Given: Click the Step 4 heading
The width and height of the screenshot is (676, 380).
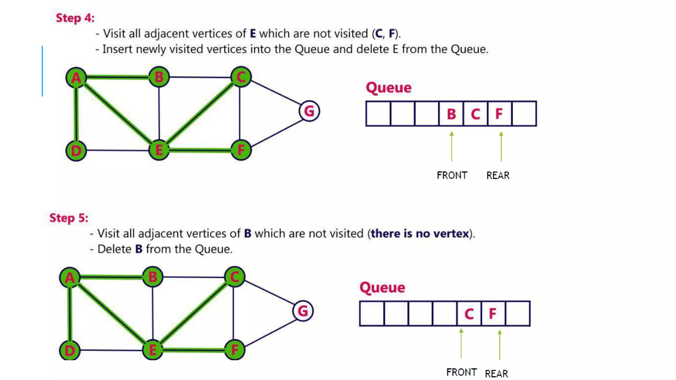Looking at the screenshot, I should pos(75,18).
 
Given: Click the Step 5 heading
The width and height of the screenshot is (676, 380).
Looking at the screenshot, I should pos(69,218).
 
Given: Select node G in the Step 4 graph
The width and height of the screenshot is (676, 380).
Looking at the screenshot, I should pos(309,111).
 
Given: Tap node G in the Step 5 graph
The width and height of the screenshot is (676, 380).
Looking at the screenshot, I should pos(303,311).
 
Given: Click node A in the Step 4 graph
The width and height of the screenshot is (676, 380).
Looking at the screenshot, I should pos(76,78).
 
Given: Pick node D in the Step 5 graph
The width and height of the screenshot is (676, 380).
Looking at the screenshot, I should pos(70,350).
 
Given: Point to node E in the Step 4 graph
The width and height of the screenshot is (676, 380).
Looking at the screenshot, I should pos(159,150).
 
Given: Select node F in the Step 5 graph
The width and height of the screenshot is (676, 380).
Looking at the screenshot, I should pos(235,350).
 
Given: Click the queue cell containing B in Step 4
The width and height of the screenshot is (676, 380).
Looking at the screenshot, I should pos(451,114).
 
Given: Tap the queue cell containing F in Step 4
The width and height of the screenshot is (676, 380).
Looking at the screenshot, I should pos(500,114).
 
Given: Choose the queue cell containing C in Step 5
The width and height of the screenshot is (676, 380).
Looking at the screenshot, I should pos(469,314).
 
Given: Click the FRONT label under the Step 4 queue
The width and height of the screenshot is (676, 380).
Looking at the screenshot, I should pos(452,175).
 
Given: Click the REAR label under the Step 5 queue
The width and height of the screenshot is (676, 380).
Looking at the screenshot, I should pos(496,374).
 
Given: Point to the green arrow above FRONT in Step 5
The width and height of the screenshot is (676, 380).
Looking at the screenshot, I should pos(461,343).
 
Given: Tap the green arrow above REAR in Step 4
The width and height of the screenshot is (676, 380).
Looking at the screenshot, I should pos(501,146).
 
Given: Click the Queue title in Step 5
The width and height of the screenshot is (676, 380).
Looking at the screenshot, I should pos(382,287).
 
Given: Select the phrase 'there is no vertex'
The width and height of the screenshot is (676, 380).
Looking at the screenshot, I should pos(420,234).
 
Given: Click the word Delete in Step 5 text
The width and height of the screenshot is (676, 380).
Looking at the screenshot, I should pos(115,249).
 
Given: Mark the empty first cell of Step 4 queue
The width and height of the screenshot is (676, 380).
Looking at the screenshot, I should pos(378,114).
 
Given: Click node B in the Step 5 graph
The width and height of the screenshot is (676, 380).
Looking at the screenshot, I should pos(152,277).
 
